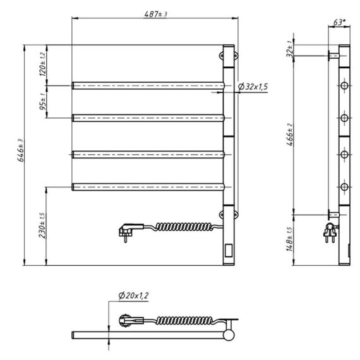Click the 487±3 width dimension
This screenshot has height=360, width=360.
[x=155, y=15]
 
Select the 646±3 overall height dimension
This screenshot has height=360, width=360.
[x=21, y=150]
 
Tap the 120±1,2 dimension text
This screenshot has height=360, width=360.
[x=43, y=64]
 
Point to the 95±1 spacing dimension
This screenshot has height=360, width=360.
[x=43, y=101]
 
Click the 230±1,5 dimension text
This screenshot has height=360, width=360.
[x=43, y=226]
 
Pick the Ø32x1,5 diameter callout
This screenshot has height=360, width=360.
[x=253, y=87]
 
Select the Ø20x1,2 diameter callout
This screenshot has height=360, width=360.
[x=134, y=296]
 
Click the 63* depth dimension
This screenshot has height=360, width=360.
[x=339, y=23]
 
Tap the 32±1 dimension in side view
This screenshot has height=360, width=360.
[x=290, y=49]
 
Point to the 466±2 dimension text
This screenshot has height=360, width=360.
[x=290, y=135]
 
